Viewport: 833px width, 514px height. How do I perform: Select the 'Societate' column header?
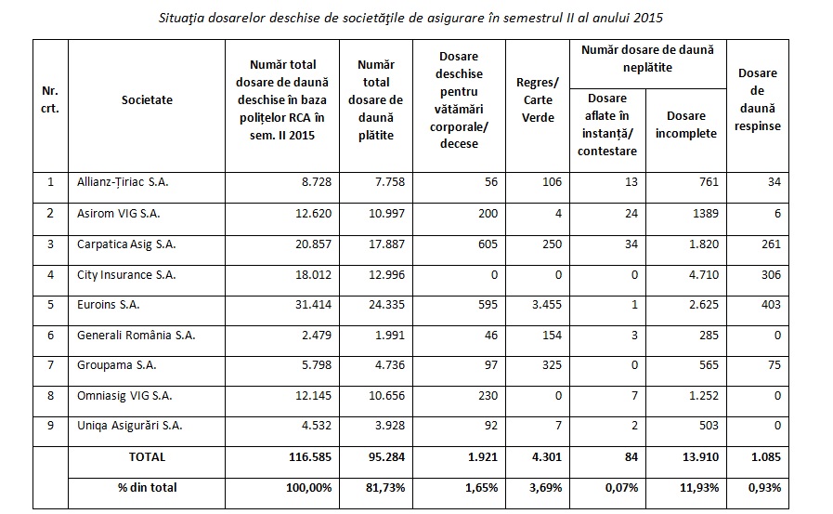tap(147, 99)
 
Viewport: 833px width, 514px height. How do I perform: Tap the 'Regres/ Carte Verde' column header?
tap(535, 99)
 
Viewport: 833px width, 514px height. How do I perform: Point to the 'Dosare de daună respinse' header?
tap(757, 99)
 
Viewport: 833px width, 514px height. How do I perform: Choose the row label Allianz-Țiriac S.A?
tap(123, 182)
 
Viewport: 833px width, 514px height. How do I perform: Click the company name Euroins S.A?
tap(111, 304)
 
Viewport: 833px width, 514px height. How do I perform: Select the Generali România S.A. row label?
tap(136, 335)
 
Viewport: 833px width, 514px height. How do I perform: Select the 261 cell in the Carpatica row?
tap(770, 244)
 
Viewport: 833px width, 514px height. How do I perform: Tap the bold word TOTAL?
tap(146, 456)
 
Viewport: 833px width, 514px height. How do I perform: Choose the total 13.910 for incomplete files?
tap(696, 456)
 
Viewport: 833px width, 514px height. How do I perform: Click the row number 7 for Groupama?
tap(50, 365)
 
